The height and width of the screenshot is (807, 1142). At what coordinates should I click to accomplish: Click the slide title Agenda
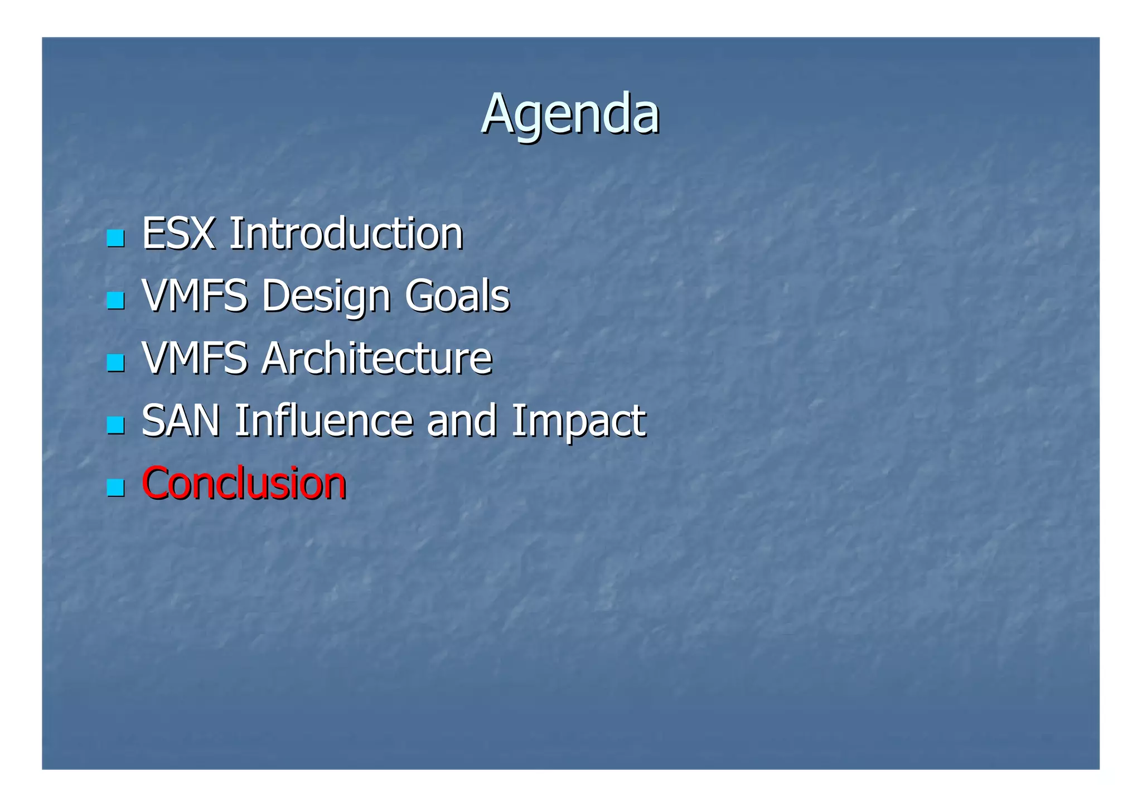(570, 114)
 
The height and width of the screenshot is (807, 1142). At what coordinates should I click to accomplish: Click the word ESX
(178, 233)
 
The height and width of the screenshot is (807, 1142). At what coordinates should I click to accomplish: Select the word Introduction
(346, 233)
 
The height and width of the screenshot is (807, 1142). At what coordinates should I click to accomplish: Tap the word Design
(326, 296)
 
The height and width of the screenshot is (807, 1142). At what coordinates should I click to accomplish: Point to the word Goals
(457, 296)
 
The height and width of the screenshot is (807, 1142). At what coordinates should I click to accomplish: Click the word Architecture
(376, 358)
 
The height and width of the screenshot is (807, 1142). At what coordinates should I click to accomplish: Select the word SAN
(181, 421)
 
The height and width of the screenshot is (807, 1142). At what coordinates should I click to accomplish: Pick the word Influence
(323, 421)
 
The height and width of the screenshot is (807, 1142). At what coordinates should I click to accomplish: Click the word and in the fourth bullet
(461, 421)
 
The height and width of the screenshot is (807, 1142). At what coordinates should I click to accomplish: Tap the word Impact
(578, 421)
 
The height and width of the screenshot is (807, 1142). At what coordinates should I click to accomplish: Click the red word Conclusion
(244, 483)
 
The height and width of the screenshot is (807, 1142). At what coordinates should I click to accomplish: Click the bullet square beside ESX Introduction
(115, 238)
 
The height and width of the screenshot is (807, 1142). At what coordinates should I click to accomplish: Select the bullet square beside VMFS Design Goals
(115, 301)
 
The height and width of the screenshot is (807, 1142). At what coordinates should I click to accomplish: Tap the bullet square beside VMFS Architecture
(115, 363)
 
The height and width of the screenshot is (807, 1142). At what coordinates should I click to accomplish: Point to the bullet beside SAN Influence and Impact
(115, 426)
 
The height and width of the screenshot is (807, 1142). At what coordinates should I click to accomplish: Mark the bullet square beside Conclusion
(115, 488)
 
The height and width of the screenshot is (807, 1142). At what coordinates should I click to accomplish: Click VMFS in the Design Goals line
(195, 296)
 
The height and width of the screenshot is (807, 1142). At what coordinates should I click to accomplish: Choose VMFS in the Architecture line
(195, 358)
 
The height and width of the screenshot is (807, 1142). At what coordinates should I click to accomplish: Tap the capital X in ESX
(202, 233)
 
